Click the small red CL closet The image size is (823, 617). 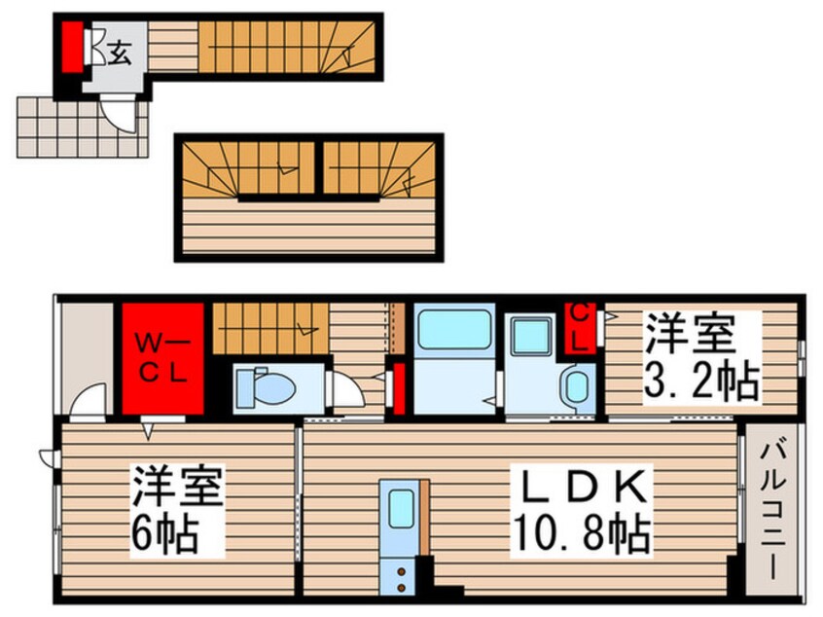coord(579,327)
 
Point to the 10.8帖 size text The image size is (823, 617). coord(582,532)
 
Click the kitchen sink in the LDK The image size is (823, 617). coord(399,508)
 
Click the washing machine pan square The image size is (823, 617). coord(530,336)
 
